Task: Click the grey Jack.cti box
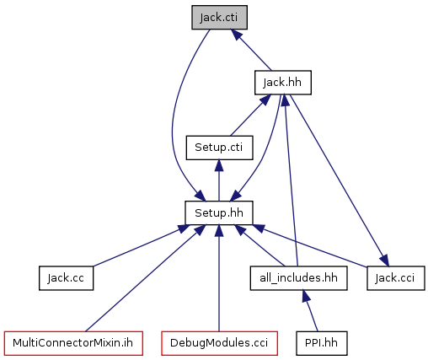click(219, 18)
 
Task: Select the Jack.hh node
click(283, 83)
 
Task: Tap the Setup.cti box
click(219, 148)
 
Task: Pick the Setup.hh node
click(219, 213)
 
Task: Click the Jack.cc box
click(66, 278)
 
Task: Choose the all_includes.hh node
click(298, 278)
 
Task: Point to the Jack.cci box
click(396, 278)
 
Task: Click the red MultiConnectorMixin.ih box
click(73, 343)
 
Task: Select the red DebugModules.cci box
click(219, 343)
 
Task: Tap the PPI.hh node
click(322, 343)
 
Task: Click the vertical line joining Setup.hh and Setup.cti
click(219, 180)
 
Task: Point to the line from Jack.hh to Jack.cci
click(340, 180)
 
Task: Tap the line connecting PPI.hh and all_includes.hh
click(310, 311)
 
